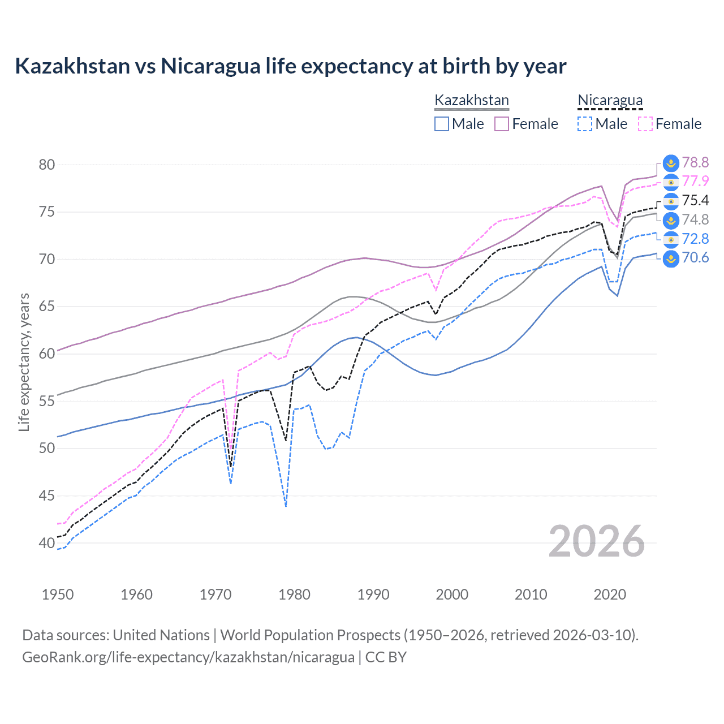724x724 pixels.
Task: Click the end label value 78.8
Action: (695, 163)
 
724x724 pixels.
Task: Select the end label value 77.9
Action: (695, 182)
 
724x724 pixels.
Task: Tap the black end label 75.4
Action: (695, 201)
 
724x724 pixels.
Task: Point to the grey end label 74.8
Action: (695, 220)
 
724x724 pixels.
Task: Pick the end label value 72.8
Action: (695, 239)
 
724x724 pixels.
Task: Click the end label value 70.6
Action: (695, 258)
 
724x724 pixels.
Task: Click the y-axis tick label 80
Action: (47, 165)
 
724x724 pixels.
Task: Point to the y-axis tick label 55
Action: (47, 401)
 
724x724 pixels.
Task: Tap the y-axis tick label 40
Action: (47, 543)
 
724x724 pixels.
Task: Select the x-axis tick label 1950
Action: (58, 594)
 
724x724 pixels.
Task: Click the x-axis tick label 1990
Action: (373, 594)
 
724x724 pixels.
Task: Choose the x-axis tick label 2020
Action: (610, 594)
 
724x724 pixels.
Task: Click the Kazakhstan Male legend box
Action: (442, 124)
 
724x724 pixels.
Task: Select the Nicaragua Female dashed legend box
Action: (645, 124)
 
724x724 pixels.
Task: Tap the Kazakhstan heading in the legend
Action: (472, 101)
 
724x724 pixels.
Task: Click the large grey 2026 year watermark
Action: (597, 542)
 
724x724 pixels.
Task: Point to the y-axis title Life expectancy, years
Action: (24, 362)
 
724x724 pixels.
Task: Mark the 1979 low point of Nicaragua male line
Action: (286, 506)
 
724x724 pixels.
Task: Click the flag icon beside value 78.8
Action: (671, 163)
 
